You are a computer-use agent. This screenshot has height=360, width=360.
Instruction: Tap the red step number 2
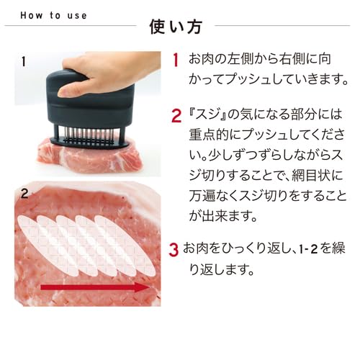pyautogui.click(x=176, y=115)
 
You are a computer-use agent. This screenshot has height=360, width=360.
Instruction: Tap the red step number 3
pyautogui.click(x=174, y=250)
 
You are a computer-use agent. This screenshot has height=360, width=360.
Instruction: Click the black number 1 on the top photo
pyautogui.click(x=24, y=62)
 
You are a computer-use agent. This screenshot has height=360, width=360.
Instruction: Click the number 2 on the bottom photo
pyautogui.click(x=24, y=193)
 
